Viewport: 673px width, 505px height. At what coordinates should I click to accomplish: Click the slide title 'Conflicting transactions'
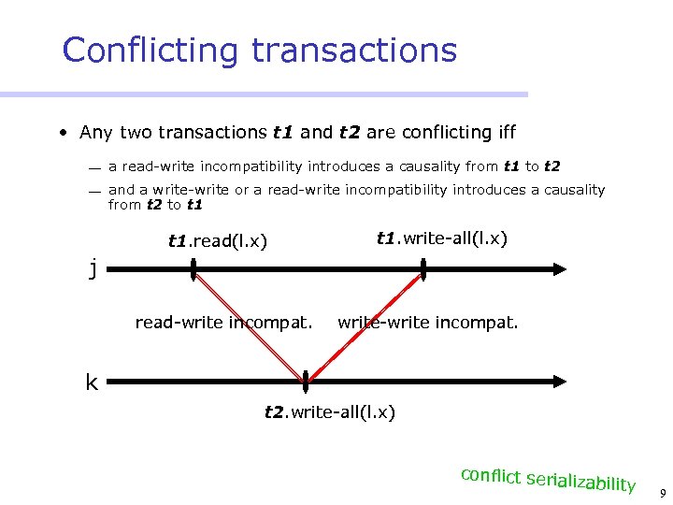pyautogui.click(x=259, y=50)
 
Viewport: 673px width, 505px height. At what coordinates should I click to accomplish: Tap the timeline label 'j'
pyautogui.click(x=93, y=269)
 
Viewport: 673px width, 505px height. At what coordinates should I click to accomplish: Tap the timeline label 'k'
pyautogui.click(x=92, y=382)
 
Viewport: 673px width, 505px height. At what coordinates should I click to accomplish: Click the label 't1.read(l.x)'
pyautogui.click(x=218, y=242)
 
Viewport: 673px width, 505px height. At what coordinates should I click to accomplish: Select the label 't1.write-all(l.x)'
pyautogui.click(x=441, y=238)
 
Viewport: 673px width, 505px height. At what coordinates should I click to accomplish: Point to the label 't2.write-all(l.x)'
pyautogui.click(x=329, y=411)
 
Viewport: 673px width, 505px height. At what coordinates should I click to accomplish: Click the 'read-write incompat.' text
pyautogui.click(x=223, y=324)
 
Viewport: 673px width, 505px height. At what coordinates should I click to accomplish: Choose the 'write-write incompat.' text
pyautogui.click(x=428, y=324)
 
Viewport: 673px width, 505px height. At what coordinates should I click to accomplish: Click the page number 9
pyautogui.click(x=662, y=493)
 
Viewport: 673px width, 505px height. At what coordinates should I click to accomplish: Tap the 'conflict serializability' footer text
pyautogui.click(x=548, y=479)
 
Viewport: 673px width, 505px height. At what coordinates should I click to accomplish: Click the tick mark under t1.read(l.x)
pyautogui.click(x=193, y=269)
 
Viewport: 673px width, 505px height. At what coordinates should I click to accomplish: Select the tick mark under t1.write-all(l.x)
pyautogui.click(x=423, y=269)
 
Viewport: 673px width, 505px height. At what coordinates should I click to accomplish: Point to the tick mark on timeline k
pyautogui.click(x=305, y=382)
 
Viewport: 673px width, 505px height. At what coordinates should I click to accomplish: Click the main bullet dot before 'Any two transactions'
pyautogui.click(x=60, y=133)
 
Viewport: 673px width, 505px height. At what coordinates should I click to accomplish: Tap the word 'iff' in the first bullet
pyautogui.click(x=505, y=133)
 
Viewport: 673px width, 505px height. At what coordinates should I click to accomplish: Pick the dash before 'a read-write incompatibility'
pyautogui.click(x=95, y=168)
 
